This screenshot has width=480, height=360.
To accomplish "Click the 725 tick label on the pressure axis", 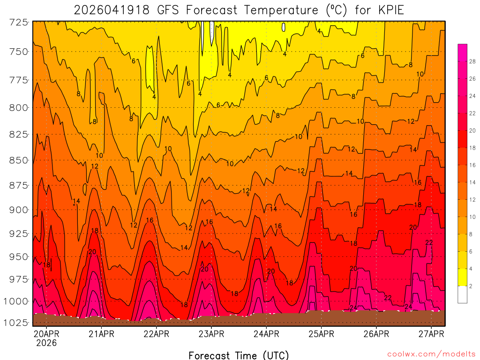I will pos(18,22).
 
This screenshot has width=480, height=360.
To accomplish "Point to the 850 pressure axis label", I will pos(18,160).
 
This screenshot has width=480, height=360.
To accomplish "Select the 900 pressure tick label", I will pos(18,210).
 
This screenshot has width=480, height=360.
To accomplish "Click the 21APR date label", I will pos(101,334).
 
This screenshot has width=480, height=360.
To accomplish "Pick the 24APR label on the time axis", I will pos(266,334).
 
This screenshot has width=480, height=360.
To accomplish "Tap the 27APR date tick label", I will pos(431,334).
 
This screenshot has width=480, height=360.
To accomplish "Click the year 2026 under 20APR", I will pos(46,343).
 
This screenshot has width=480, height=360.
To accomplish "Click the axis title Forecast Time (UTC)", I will pos(239,355).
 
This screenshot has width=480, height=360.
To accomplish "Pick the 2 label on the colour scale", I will pos(471,285).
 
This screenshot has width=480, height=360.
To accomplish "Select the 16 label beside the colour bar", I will pos(472,165).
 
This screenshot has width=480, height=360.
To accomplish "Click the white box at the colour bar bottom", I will pos(462,294).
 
